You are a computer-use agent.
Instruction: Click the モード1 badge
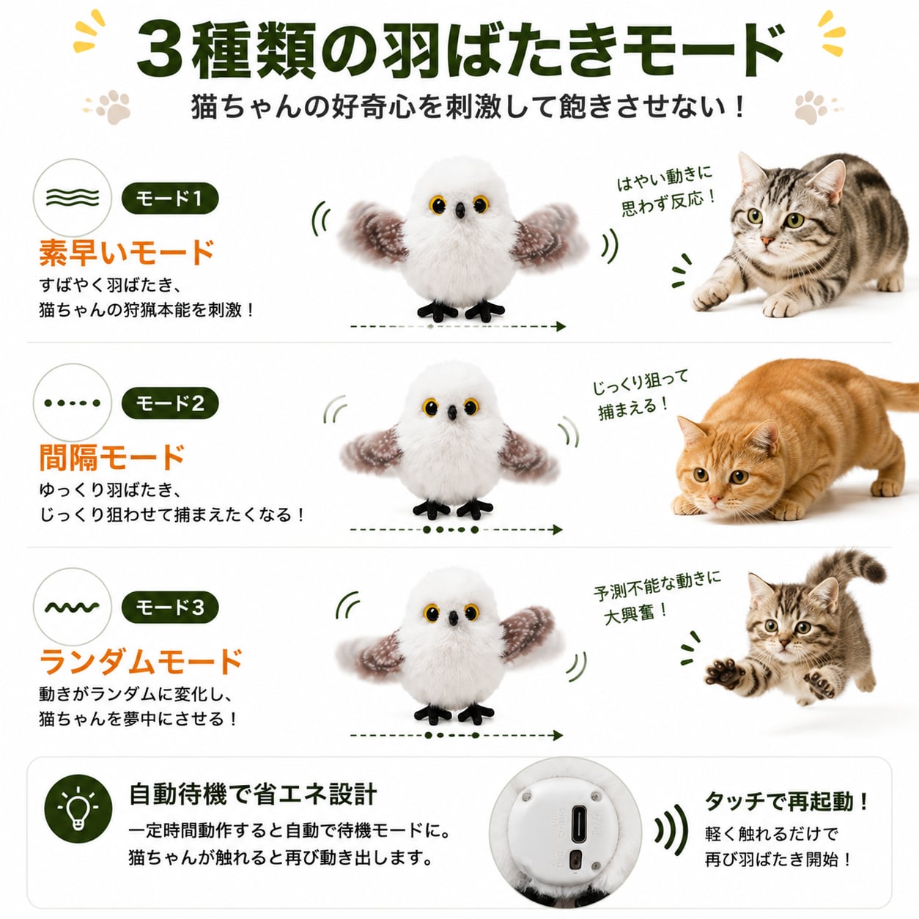170,199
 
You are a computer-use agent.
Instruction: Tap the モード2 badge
170,404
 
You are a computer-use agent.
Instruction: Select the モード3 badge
170,608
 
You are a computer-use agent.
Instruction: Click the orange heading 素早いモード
126,252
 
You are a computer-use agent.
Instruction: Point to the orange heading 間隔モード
112,457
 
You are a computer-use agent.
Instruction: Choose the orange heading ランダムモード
141,661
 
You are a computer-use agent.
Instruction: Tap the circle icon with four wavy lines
72,197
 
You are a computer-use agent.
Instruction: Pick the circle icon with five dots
72,403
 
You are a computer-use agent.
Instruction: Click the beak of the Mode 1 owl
460,211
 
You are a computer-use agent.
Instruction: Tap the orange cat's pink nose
715,499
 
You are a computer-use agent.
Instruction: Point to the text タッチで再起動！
787,801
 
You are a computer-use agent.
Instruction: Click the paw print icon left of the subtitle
113,106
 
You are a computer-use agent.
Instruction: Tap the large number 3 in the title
160,51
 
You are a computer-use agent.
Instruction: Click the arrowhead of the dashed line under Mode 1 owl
561,326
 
